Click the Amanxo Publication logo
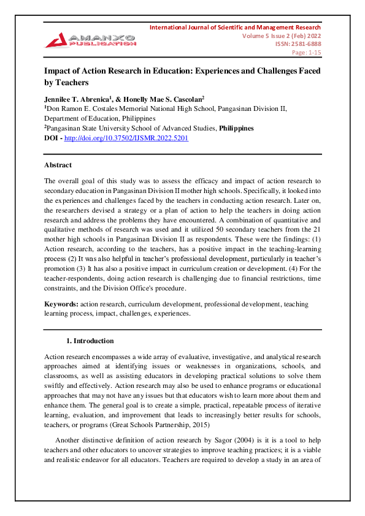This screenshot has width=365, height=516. point(90,40)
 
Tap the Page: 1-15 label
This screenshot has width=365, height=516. point(306,53)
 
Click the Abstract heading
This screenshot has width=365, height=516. point(58,165)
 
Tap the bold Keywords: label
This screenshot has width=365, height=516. point(61,304)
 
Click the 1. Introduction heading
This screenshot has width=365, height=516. point(90,341)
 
